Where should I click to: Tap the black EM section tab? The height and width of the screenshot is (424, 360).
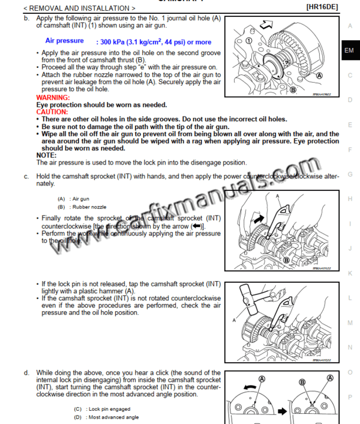point(350,51)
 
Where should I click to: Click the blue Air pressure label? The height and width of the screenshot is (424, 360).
point(65,41)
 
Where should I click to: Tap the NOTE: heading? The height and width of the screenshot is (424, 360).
point(46,155)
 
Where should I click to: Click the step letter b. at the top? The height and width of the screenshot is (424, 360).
point(26,19)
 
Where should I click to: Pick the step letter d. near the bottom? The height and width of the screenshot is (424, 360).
point(26,373)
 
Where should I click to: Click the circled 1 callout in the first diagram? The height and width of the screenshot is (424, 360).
point(248,41)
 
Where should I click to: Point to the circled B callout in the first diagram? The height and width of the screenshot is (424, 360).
point(293,89)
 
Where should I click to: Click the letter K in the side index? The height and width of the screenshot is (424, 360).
point(350,273)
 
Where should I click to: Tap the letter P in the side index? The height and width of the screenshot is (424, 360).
point(350,397)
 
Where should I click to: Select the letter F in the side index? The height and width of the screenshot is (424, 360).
point(350,150)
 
